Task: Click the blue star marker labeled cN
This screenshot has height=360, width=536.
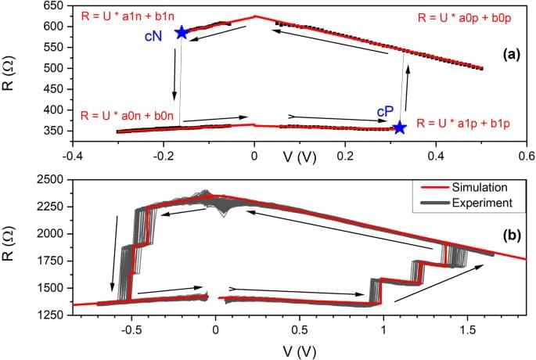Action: (182, 32)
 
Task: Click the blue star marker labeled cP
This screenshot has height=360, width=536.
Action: (400, 127)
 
